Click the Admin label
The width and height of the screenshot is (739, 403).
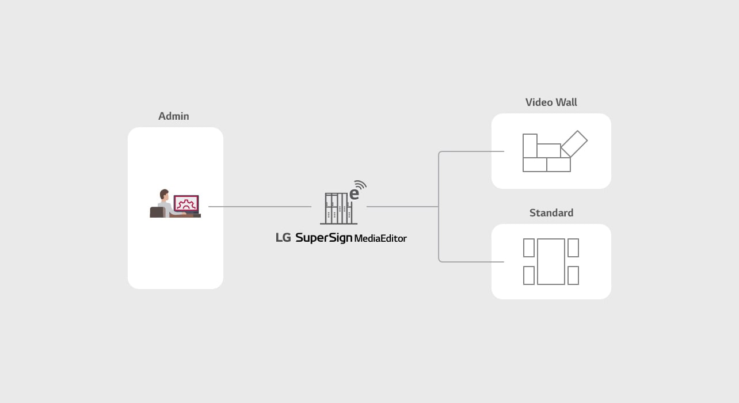click(x=174, y=116)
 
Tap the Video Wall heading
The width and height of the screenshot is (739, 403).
click(x=551, y=102)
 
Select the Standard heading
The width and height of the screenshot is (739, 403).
click(x=551, y=213)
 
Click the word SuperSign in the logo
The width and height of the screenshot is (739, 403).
click(x=323, y=238)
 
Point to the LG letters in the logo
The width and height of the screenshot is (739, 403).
click(x=283, y=238)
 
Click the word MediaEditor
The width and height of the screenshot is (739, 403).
click(x=380, y=238)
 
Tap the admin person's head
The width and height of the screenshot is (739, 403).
click(x=164, y=194)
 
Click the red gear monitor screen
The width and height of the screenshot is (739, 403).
click(x=186, y=203)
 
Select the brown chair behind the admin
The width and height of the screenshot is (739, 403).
click(x=157, y=212)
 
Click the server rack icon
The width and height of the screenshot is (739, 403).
click(x=338, y=208)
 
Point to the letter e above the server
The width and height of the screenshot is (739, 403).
click(x=354, y=194)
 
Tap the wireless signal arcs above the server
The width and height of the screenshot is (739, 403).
click(x=361, y=185)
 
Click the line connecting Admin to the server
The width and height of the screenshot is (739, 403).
click(x=260, y=207)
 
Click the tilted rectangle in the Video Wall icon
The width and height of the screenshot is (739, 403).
click(x=574, y=143)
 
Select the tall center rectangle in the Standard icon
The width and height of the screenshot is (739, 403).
click(x=551, y=261)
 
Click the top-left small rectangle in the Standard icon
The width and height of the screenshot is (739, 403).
click(x=529, y=248)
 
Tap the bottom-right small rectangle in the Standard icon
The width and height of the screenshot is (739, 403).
click(x=573, y=275)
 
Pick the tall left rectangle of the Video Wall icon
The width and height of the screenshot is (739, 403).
click(x=530, y=146)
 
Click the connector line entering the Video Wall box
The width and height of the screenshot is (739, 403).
click(x=471, y=151)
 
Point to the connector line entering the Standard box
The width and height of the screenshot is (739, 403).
click(x=471, y=262)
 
